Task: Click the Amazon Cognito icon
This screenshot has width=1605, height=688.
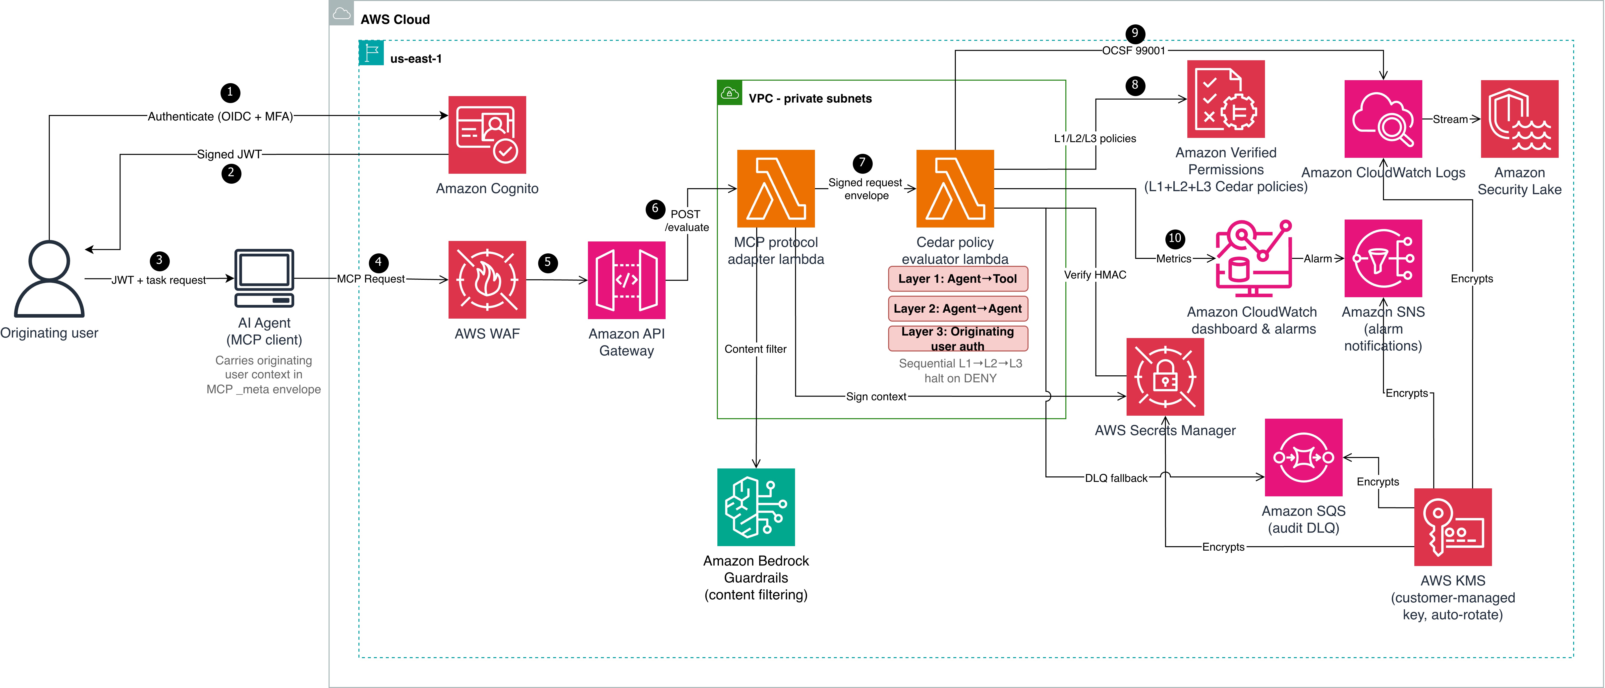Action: [487, 135]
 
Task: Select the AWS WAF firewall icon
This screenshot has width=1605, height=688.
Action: [487, 280]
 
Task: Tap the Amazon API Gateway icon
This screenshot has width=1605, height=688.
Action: [627, 280]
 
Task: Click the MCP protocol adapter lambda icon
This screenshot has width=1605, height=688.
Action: [776, 188]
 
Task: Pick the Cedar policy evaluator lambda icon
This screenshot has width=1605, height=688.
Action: [955, 188]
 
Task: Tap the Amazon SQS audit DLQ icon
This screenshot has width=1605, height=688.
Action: [1303, 458]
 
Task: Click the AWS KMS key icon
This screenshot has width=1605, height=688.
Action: [1453, 527]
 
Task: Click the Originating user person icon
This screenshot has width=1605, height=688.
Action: [49, 279]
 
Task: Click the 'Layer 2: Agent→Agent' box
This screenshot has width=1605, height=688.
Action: [958, 308]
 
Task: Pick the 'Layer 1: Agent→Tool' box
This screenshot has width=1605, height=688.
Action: [958, 279]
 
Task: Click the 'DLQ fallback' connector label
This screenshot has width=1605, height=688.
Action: [1116, 478]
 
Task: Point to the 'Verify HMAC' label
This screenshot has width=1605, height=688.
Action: [1095, 275]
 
